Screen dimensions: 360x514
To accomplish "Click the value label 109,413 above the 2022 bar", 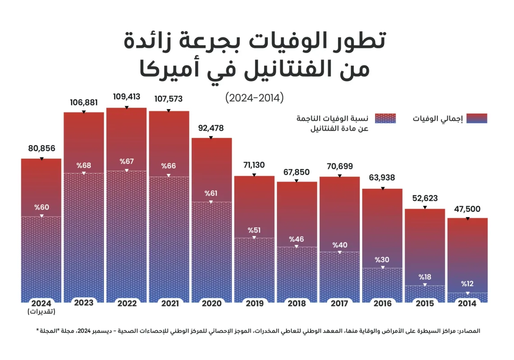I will tap(126, 96).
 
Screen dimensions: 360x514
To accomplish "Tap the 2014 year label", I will tap(467, 303).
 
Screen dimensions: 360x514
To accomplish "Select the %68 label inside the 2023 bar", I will tap(83, 165).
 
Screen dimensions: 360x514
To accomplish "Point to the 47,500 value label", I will tap(467, 209).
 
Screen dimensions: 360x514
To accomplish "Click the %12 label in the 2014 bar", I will tap(467, 284).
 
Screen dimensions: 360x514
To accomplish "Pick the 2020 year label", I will tap(211, 303).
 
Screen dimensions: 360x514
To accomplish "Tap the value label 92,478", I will tap(211, 128).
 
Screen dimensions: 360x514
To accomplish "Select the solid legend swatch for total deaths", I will tap(477, 118).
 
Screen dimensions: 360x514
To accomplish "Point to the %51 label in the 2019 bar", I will tap(254, 230).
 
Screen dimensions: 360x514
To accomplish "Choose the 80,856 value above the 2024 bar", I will tap(41, 148).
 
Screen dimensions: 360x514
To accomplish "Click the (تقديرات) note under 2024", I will tap(41, 311).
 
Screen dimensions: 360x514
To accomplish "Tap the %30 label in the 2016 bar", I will tap(382, 260).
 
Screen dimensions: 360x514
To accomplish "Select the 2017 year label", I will tap(339, 303).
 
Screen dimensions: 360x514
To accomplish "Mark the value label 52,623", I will tap(425, 198).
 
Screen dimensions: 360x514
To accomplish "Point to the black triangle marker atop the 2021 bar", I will tap(169, 110).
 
